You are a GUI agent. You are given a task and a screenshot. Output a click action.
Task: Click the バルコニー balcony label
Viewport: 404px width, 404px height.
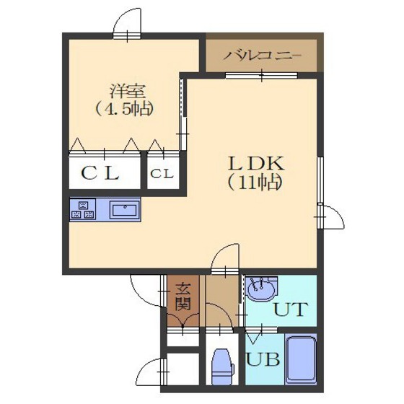coord(262,56)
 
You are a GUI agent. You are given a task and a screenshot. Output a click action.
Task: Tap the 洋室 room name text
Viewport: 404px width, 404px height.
coord(128,91)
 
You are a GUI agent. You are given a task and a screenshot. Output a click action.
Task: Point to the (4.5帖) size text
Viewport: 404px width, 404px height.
coord(125,109)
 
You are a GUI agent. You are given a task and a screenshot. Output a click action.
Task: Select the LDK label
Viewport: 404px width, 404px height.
coord(256,164)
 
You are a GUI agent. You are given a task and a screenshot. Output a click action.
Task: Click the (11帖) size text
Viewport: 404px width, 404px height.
coord(254,183)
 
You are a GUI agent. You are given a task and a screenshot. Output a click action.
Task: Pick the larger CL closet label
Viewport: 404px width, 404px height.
coord(100,173)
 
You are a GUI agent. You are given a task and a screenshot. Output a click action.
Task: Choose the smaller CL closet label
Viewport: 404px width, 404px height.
coord(162,174)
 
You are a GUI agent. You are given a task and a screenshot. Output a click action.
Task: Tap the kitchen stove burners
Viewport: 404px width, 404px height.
coord(83,209)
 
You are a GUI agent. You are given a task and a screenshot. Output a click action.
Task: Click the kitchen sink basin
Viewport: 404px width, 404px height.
coord(125,210)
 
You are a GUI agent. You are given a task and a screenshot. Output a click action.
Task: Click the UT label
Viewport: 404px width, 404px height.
coord(291,309)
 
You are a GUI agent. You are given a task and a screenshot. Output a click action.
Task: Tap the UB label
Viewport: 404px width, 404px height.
coord(263,359)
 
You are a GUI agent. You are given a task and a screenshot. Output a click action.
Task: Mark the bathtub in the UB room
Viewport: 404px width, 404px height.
coord(301,360)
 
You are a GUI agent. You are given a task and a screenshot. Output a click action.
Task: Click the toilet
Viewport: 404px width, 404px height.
coord(223,366)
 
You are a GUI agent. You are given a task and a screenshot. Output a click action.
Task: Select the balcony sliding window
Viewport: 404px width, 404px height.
coord(261,76)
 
